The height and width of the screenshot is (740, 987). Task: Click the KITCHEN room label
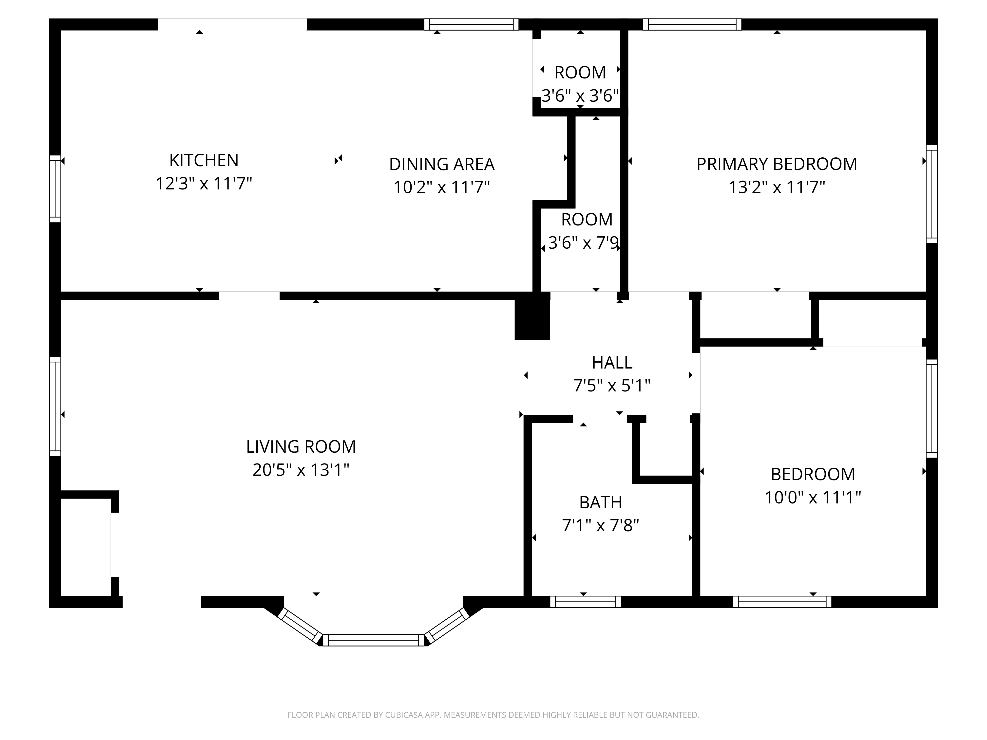point(204,160)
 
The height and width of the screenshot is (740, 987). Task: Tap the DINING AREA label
point(442,164)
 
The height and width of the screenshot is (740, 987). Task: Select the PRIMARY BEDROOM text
point(777,164)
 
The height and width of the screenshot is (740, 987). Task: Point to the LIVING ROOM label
point(301,446)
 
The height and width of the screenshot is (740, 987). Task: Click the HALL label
point(612,363)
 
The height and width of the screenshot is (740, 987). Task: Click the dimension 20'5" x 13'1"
point(301,470)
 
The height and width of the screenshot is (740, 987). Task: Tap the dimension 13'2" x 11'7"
point(777,187)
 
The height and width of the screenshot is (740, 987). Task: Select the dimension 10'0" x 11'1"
point(813,497)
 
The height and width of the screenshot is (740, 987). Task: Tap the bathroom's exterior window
point(586,602)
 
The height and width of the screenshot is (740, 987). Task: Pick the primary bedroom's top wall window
point(692,24)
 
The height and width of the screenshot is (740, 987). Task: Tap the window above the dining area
point(471,24)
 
